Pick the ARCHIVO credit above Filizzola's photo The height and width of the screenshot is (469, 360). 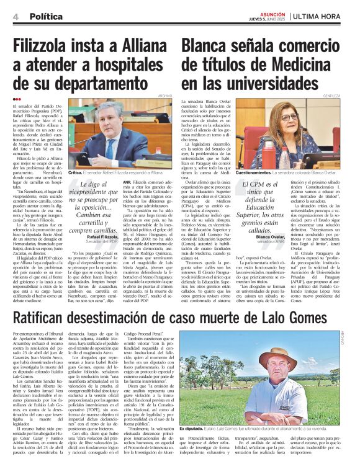(164, 97)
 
